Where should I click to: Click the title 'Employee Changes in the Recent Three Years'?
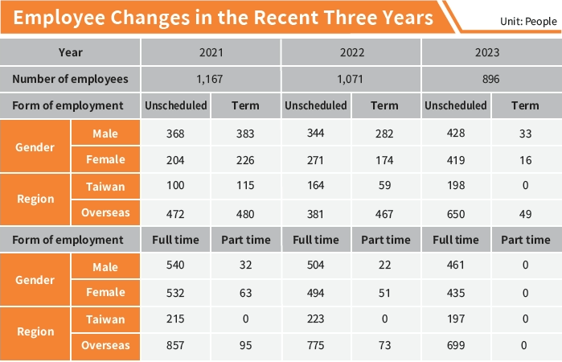point(219,17)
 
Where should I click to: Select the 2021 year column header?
point(211,53)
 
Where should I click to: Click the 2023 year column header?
point(491,53)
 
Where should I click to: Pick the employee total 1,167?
point(211,79)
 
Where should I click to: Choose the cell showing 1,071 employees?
point(351,79)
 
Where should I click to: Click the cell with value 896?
point(491,79)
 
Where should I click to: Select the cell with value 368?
point(175,133)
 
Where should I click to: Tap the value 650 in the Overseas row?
point(456,213)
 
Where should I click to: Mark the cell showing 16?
point(526,159)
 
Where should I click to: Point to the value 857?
point(175,346)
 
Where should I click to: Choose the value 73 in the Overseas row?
point(385,346)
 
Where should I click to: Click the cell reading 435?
point(456,293)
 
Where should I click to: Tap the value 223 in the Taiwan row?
point(315,319)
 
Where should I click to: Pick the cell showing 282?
point(385,133)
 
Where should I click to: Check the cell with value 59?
point(385,187)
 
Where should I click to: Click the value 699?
point(456,346)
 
